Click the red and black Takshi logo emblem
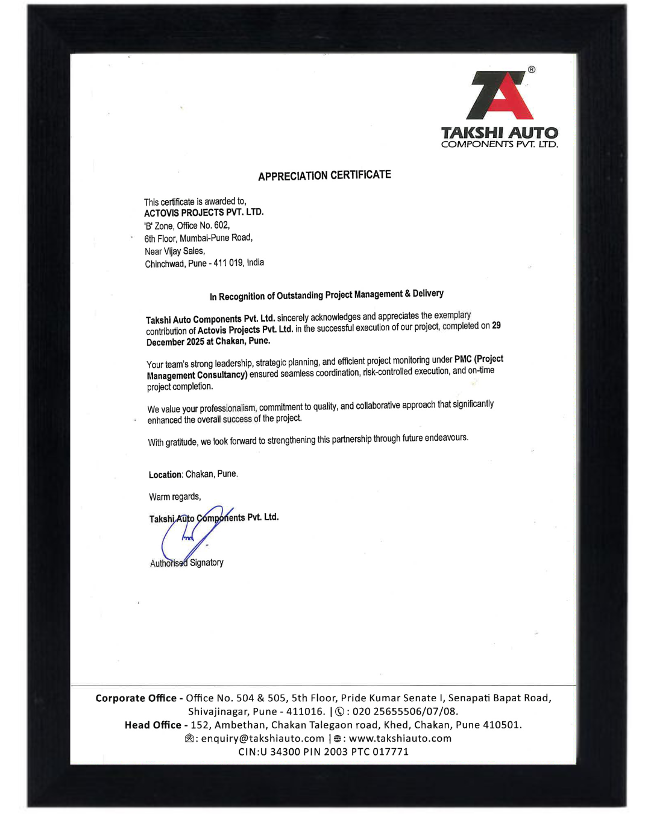(x=500, y=96)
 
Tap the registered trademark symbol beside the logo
(x=532, y=70)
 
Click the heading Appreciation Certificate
(x=324, y=175)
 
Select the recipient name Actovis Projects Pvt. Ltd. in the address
(x=204, y=213)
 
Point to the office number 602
(x=222, y=225)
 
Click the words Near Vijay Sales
(x=175, y=251)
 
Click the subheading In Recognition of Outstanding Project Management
(x=326, y=295)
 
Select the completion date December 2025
(x=166, y=342)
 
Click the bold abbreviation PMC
(x=463, y=359)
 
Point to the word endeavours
(x=446, y=437)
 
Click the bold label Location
(x=165, y=475)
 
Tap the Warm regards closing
(x=175, y=497)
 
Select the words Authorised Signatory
(x=187, y=563)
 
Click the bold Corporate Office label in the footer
(x=136, y=698)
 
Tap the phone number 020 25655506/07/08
(x=405, y=711)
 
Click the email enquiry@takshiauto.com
(x=262, y=739)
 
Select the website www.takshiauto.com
(x=400, y=739)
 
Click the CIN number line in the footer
(x=323, y=752)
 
